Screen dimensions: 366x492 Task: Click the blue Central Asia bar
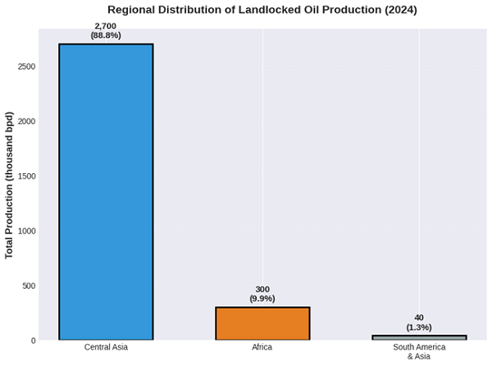106,191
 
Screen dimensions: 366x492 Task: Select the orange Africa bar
262,323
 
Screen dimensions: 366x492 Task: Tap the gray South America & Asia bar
419,337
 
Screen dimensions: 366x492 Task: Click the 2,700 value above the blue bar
106,26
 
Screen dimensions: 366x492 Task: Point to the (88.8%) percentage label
106,36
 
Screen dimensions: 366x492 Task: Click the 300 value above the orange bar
262,290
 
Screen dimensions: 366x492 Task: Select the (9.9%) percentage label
262,300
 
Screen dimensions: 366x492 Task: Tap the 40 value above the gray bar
419,318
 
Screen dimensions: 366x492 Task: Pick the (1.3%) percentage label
419,327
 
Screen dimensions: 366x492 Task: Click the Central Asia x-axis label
106,348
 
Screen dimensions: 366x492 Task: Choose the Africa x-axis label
262,348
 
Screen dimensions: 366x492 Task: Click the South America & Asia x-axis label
419,352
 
